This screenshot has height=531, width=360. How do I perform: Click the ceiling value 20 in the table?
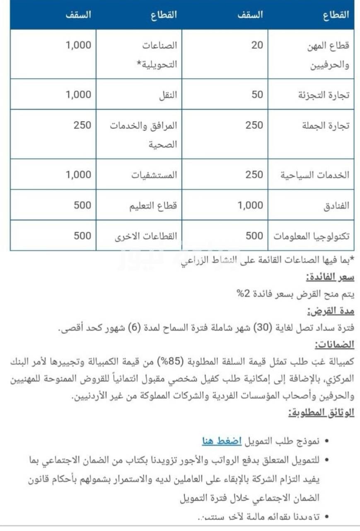tap(257, 45)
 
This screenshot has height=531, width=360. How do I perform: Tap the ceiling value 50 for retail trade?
tap(257, 94)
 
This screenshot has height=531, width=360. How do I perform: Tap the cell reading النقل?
tap(167, 95)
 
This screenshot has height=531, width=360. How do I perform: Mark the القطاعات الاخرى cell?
tap(146, 236)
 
